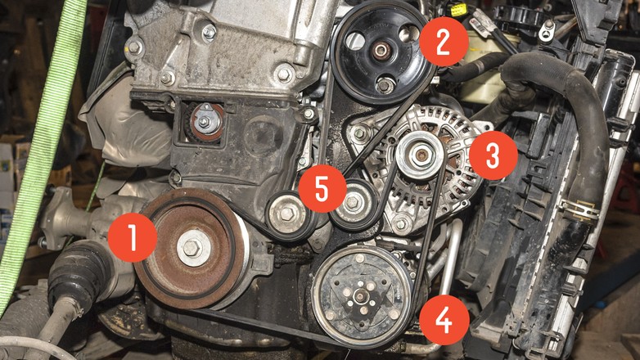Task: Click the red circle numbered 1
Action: pyautogui.click(x=133, y=237)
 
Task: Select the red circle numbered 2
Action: pyautogui.click(x=444, y=42)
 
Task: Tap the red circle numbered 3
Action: pyautogui.click(x=493, y=155)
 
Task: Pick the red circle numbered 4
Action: pyautogui.click(x=444, y=320)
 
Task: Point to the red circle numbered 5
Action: pyautogui.click(x=322, y=188)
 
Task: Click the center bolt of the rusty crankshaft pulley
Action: pyautogui.click(x=192, y=247)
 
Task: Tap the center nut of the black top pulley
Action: pyautogui.click(x=381, y=51)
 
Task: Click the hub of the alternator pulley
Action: pyautogui.click(x=420, y=155)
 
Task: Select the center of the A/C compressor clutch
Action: pyautogui.click(x=361, y=296)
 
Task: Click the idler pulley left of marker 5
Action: pyautogui.click(x=287, y=214)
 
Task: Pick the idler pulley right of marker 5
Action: pyautogui.click(x=354, y=203)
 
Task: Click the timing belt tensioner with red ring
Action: pyautogui.click(x=204, y=121)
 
